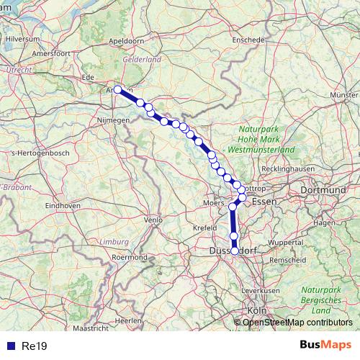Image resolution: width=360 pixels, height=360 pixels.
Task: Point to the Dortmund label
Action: pyautogui.click(x=321, y=189)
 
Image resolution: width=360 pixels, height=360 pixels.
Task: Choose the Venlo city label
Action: pyautogui.click(x=153, y=220)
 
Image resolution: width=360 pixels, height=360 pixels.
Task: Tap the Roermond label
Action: pyautogui.click(x=130, y=256)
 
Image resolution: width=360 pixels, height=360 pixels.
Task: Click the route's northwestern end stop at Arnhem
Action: pyautogui.click(x=117, y=90)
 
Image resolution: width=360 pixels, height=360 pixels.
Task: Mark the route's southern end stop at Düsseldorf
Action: pyautogui.click(x=235, y=250)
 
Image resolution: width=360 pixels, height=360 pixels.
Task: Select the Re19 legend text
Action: pyautogui.click(x=35, y=346)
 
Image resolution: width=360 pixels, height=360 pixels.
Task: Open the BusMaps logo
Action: pyautogui.click(x=326, y=346)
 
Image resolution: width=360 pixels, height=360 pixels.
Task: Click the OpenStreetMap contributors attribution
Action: pyautogui.click(x=297, y=323)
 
